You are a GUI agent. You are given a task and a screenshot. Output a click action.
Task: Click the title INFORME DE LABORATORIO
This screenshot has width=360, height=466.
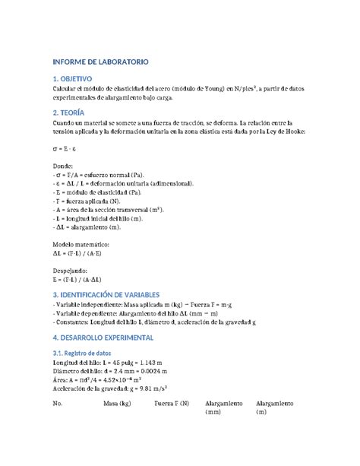[99, 60]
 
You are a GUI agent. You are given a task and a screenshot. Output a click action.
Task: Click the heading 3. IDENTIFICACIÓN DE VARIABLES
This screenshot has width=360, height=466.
[111, 293]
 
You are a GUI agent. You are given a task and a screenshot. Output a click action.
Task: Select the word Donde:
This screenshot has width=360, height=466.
[63, 164]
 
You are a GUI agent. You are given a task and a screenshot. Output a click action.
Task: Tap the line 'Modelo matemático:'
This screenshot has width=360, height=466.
[81, 244]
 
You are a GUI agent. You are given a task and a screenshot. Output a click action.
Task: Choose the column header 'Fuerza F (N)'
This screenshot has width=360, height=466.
[172, 404]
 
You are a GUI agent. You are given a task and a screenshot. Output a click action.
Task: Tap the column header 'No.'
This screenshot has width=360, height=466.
[57, 404]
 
